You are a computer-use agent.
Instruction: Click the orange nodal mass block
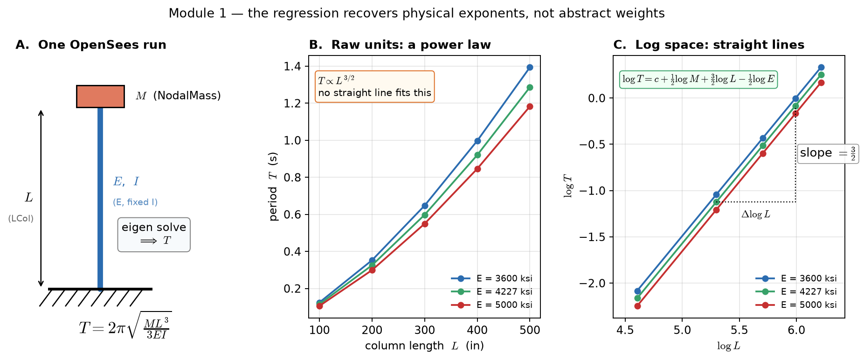[100, 97]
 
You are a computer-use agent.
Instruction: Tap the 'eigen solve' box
[154, 235]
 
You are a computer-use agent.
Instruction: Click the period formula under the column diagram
[125, 325]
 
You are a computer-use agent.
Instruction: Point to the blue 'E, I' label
[126, 181]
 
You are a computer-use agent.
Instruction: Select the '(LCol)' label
[21, 219]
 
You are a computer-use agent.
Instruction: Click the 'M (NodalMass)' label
[178, 96]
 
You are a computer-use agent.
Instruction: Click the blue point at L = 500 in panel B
[530, 67]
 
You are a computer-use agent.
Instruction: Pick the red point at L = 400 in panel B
[477, 169]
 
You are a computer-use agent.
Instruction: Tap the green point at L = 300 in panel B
[425, 215]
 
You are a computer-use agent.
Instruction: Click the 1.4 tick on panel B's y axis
[292, 67]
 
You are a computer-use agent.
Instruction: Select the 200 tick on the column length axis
[372, 330]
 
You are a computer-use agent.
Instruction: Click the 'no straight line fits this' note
[374, 93]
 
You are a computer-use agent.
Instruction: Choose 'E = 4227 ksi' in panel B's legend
[504, 291]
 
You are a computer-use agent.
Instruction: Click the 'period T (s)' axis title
[273, 187]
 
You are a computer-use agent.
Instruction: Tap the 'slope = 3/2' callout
[828, 153]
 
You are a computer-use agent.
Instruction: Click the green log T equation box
[698, 79]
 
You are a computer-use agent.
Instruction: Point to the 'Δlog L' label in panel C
[756, 215]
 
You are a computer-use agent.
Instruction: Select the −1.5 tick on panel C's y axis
[592, 237]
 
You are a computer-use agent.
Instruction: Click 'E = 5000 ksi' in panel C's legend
[809, 305]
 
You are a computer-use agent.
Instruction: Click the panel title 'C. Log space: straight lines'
[709, 45]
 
